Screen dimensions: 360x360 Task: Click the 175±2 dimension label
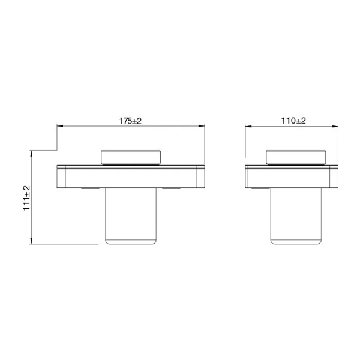click(130, 121)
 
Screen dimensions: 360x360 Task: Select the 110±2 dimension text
click(294, 121)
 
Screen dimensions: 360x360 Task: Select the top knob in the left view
click(131, 157)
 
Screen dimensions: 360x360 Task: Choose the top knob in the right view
click(295, 157)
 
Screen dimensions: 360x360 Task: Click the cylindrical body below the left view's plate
click(131, 216)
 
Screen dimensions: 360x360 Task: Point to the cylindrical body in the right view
click(294, 216)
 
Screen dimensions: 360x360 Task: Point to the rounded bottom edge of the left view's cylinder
click(131, 242)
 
